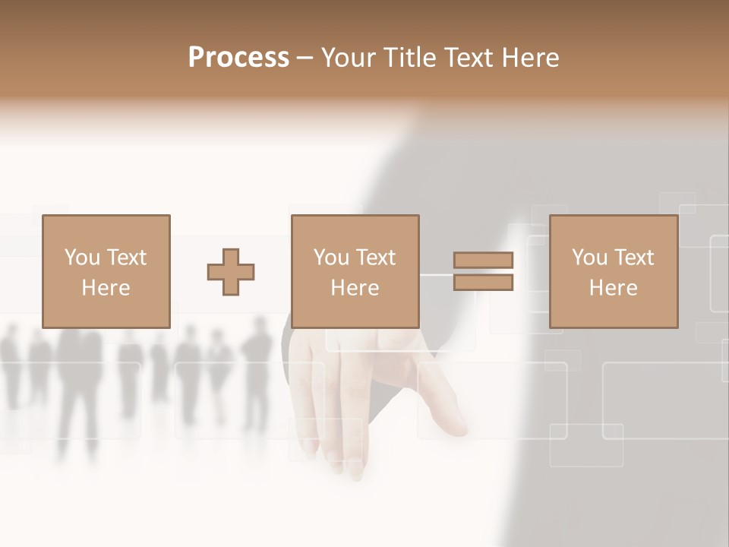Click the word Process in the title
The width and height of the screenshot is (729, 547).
[238, 58]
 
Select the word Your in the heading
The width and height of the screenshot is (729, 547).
[349, 58]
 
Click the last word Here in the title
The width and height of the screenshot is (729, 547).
[531, 58]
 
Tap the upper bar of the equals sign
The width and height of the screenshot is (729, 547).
[483, 261]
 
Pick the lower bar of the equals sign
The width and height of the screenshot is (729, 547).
[483, 283]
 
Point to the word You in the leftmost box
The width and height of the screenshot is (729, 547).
[82, 258]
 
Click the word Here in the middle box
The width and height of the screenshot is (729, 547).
[355, 288]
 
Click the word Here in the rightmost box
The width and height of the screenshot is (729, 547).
[613, 288]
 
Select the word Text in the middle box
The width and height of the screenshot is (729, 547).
[375, 258]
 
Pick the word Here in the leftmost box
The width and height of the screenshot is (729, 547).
[106, 288]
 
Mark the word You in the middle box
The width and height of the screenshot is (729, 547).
[331, 258]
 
